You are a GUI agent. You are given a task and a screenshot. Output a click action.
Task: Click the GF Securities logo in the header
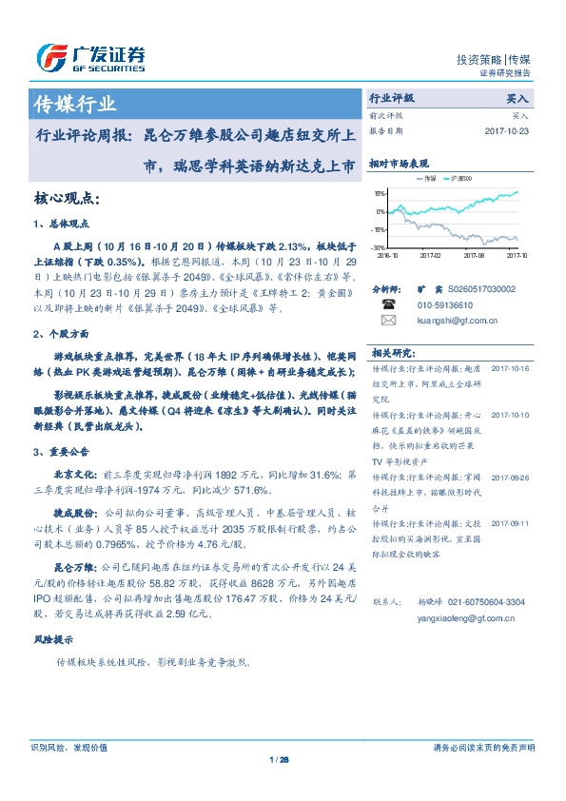click(90, 57)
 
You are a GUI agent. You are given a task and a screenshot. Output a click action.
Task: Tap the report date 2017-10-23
click(506, 130)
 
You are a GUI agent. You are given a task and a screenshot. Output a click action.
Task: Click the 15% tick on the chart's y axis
click(380, 192)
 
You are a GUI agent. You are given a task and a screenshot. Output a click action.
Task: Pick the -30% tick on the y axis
click(379, 247)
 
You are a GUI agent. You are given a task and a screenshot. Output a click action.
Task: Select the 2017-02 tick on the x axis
click(431, 255)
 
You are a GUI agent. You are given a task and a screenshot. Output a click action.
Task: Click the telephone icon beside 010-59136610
click(387, 304)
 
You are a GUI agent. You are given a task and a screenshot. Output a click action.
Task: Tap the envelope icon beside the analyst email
click(387, 321)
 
